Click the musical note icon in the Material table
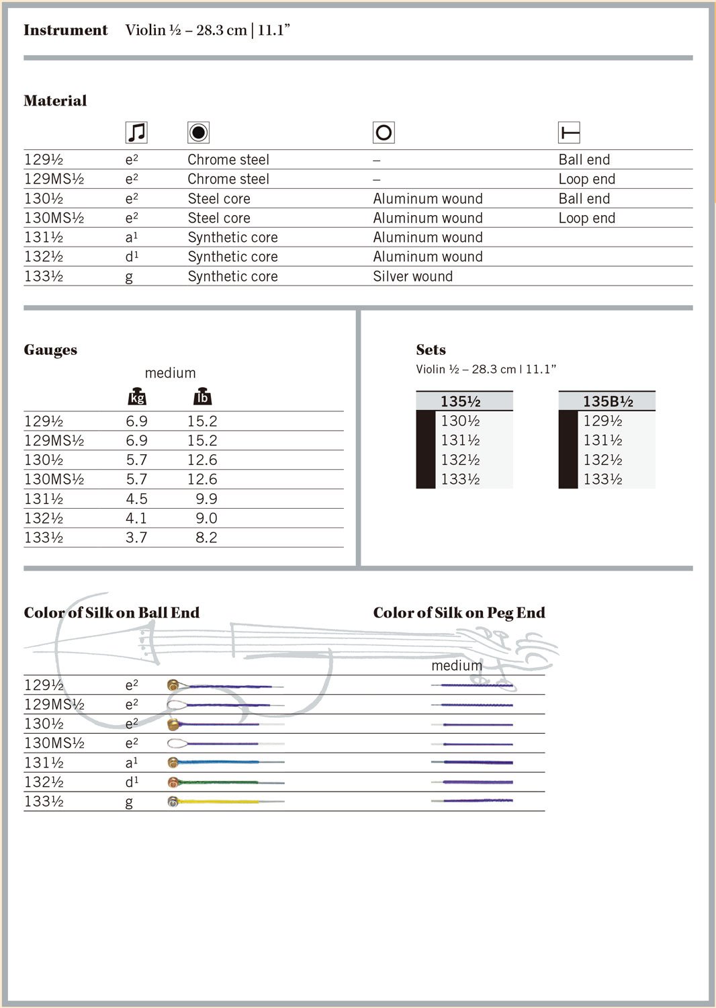tap(136, 132)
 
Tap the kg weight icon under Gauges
tap(137, 397)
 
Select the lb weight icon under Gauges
tap(202, 397)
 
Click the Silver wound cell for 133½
tap(412, 276)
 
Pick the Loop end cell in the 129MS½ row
tap(586, 179)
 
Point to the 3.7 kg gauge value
tap(136, 538)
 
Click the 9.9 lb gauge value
tap(206, 499)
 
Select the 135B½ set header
tap(607, 401)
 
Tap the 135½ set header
tap(461, 401)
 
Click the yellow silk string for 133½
tap(222, 802)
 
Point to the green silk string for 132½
tap(222, 782)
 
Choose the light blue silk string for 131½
tap(222, 763)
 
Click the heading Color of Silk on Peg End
tap(459, 612)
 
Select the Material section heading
tap(55, 101)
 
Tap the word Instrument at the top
tap(65, 30)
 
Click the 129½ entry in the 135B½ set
tap(602, 421)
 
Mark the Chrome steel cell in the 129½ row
tap(228, 159)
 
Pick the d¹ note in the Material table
tap(132, 257)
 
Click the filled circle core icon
tap(198, 132)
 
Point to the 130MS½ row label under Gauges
tap(54, 479)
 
